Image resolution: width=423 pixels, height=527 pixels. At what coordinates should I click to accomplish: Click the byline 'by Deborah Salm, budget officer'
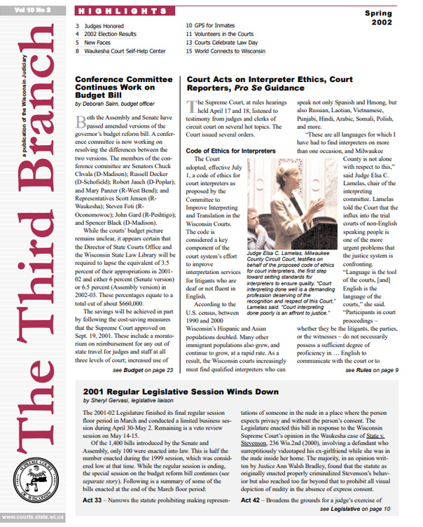point(115,103)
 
